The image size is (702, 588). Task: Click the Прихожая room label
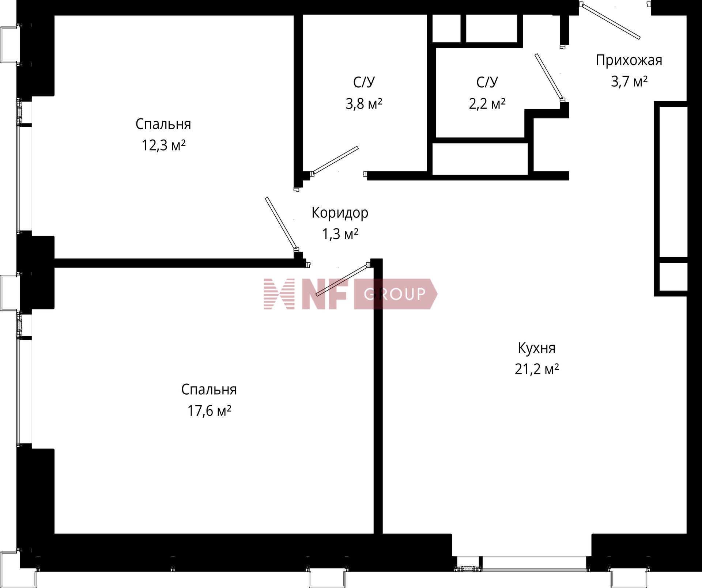pos(629,60)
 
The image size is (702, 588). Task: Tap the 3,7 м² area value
pos(629,81)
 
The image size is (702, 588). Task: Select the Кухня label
pos(536,348)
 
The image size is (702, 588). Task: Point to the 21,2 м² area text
pos(537,369)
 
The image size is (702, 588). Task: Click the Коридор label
pos(340,213)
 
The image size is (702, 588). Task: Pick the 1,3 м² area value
pos(340,234)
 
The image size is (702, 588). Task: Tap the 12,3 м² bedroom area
pos(163,145)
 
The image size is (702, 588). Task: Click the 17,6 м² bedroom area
pos(209,411)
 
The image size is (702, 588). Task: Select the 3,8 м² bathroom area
pos(364,104)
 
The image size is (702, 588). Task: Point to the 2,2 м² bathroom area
pos(487,104)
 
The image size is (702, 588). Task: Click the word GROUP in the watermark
pos(395,294)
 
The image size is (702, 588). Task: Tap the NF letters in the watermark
pos(324,294)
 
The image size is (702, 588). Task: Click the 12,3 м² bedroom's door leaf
pos(281,224)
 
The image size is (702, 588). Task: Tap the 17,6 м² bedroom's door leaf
pos(342,280)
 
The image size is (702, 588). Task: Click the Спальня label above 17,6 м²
pos(209,390)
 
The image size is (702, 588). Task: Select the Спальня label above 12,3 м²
pos(163,125)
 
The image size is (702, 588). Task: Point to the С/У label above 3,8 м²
pos(364,83)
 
